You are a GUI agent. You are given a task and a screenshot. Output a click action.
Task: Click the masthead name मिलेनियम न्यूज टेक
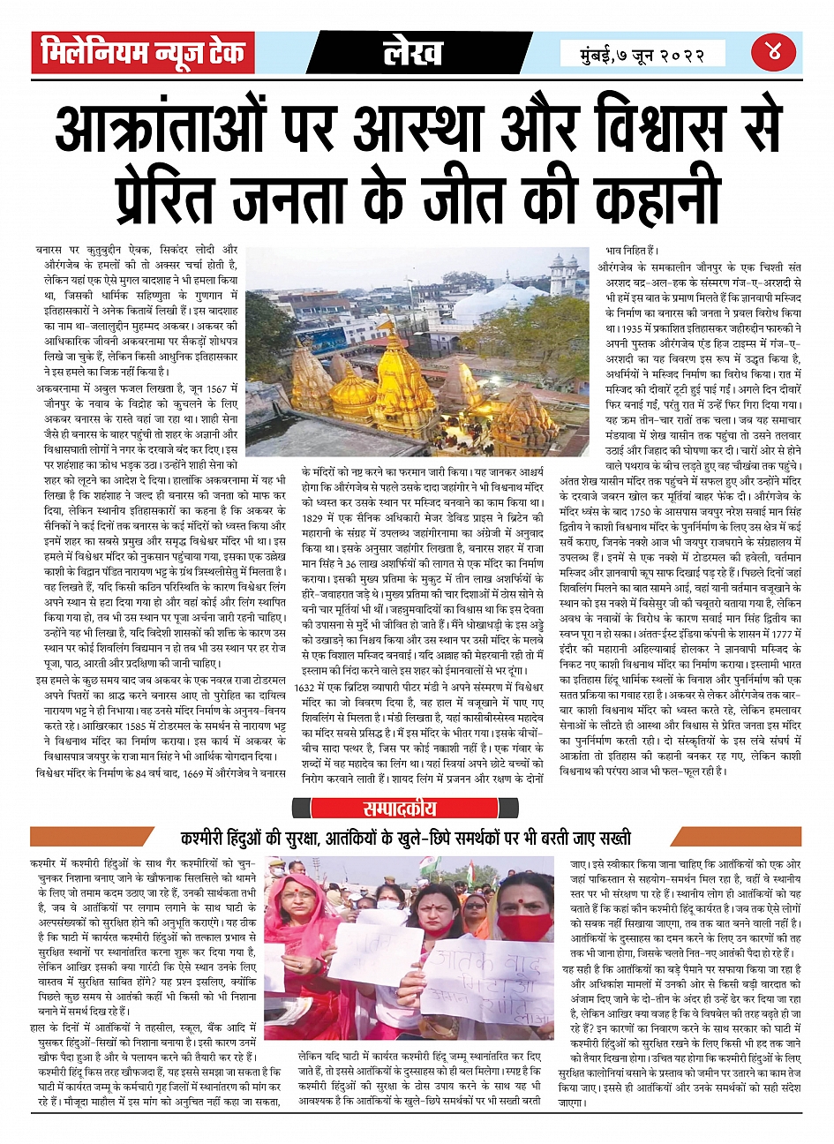pos(143,53)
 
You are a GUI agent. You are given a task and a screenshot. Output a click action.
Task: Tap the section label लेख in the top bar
pos(413,53)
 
